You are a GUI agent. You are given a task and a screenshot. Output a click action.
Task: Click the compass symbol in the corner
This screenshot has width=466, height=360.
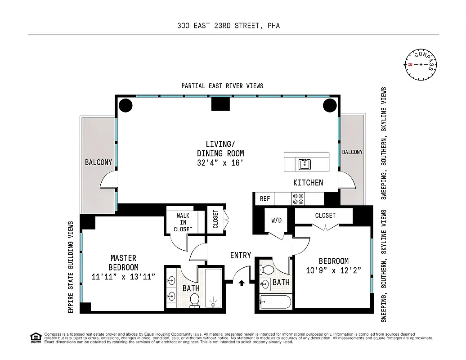421,64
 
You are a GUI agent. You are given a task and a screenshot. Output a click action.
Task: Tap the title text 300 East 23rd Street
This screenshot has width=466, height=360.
229,26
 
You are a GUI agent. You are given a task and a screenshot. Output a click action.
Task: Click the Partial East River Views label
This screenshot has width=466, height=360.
222,85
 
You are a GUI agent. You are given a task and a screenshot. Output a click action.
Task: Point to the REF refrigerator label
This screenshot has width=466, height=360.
264,198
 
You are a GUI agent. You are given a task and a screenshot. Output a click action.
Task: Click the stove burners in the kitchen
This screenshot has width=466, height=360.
298,198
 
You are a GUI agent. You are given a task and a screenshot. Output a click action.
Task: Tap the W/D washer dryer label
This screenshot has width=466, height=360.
276,220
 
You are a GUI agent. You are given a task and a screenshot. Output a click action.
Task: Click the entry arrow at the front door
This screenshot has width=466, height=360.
242,283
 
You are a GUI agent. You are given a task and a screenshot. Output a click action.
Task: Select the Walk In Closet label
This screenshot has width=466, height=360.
183,222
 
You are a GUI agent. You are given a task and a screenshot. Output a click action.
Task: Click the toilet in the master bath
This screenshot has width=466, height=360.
195,300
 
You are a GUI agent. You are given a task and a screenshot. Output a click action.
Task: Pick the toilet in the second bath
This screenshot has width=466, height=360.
268,270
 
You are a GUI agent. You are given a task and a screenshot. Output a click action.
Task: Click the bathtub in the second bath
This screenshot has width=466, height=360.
275,303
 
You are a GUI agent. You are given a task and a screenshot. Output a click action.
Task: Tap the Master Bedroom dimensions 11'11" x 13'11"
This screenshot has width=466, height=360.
123,277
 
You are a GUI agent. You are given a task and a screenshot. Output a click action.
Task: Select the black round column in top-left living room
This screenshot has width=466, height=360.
125,106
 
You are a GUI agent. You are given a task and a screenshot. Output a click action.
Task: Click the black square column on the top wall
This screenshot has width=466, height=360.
220,104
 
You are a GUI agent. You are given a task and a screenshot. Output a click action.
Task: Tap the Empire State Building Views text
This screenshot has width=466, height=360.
71,267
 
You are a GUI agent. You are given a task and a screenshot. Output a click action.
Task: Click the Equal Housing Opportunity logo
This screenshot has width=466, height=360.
35,337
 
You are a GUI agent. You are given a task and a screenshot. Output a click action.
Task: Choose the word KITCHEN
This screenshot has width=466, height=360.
308,182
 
